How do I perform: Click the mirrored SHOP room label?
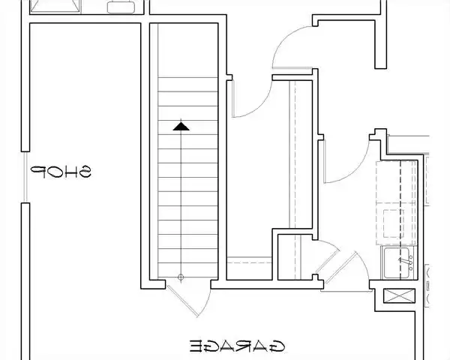(x=61, y=172)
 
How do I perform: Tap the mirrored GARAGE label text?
(x=237, y=346)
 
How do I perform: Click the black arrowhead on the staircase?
(x=181, y=126)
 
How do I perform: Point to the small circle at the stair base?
(x=181, y=277)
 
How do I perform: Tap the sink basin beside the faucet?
(x=396, y=262)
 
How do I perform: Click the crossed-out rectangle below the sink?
(x=399, y=295)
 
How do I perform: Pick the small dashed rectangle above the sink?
(x=394, y=223)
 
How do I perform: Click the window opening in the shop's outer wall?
(x=25, y=177)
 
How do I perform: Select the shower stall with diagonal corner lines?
(x=55, y=6)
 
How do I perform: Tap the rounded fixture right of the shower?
(x=121, y=7)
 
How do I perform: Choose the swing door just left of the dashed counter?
(x=325, y=161)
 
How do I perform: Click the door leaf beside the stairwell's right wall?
(x=233, y=98)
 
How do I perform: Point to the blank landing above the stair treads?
(x=188, y=50)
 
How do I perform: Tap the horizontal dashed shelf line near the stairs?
(x=250, y=262)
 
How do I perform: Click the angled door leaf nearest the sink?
(x=341, y=268)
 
